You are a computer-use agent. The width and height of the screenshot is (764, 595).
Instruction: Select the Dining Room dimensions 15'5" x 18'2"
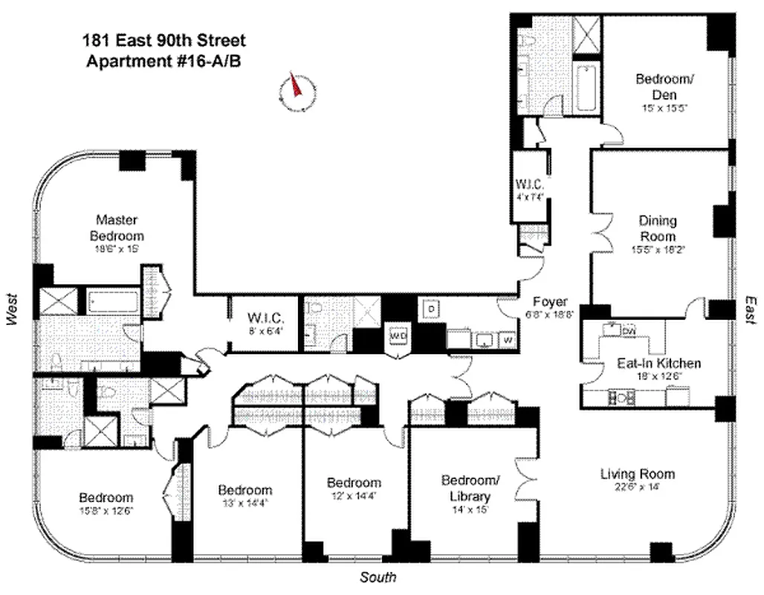[x=657, y=250]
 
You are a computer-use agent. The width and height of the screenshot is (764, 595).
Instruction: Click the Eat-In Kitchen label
[x=658, y=364]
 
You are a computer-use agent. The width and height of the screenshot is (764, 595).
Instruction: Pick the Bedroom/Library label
[x=466, y=488]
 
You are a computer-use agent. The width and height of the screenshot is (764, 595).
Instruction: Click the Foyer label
[x=550, y=302]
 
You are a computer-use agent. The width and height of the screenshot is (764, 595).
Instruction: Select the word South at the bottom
[x=378, y=578]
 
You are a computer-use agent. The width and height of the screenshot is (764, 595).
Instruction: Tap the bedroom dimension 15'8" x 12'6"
[x=106, y=511]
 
